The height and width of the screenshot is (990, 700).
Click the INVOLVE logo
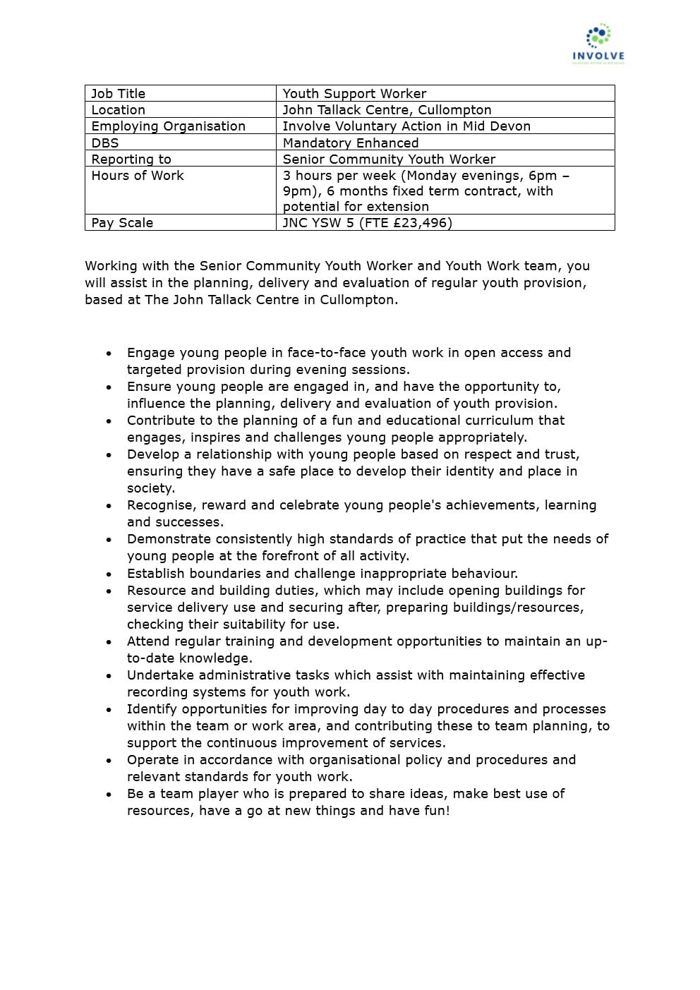click(598, 44)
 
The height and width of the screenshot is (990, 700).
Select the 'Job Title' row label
click(118, 94)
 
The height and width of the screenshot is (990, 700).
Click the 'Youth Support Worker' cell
click(354, 94)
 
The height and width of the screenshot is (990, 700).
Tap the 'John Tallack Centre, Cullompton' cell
click(387, 110)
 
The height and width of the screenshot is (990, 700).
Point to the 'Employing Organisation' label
click(168, 126)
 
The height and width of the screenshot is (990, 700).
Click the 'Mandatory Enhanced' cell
click(351, 143)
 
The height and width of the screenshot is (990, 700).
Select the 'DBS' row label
click(105, 143)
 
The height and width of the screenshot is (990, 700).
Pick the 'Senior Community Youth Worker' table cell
click(389, 159)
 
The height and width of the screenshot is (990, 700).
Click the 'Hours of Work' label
click(138, 176)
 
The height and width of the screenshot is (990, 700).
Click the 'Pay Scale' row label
click(122, 223)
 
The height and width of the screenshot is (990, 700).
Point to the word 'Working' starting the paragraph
click(111, 266)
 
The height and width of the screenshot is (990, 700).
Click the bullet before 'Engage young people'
click(109, 354)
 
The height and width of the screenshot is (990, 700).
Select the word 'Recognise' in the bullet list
click(160, 505)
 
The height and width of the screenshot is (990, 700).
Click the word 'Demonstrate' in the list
click(169, 539)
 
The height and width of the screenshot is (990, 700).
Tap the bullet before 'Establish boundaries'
click(109, 574)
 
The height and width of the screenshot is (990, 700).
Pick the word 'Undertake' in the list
click(159, 675)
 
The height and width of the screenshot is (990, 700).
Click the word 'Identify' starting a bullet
click(150, 709)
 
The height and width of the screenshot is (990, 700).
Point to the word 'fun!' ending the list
click(436, 811)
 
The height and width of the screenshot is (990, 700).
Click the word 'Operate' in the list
click(152, 760)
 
